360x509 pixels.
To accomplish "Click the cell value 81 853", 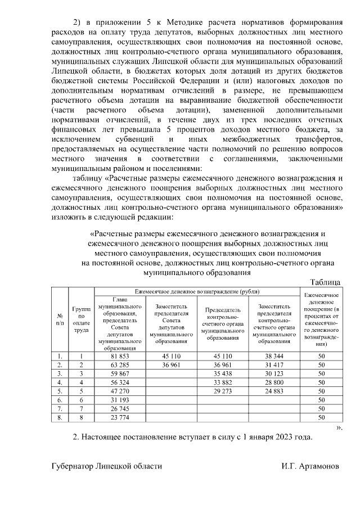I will tap(119, 356).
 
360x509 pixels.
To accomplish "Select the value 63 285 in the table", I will tap(119, 364).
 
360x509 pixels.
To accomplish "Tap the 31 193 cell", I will tap(119, 399).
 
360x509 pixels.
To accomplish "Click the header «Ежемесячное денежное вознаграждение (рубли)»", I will tap(197, 292).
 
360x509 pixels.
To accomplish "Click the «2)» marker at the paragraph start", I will tap(79, 22).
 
